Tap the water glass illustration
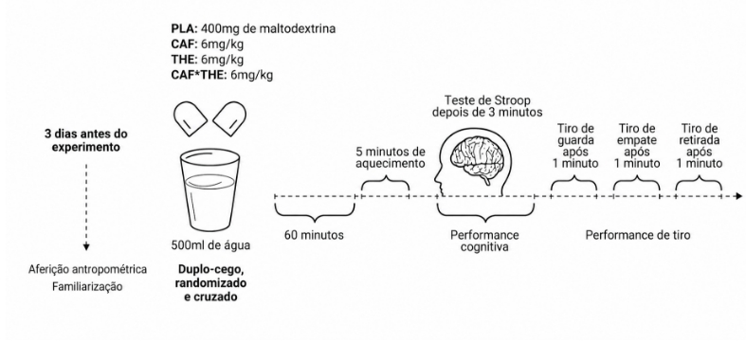(209, 189)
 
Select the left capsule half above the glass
(191, 117)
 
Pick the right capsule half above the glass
(229, 117)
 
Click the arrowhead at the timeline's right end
(737, 196)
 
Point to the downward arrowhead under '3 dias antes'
(86, 247)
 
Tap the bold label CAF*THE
(199, 75)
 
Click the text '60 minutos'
(314, 235)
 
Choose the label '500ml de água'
(210, 246)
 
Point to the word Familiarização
(87, 287)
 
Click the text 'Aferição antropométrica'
(87, 270)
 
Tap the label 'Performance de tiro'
(638, 235)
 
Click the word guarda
(575, 141)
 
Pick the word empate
(637, 141)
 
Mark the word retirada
(699, 140)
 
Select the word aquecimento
(391, 164)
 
